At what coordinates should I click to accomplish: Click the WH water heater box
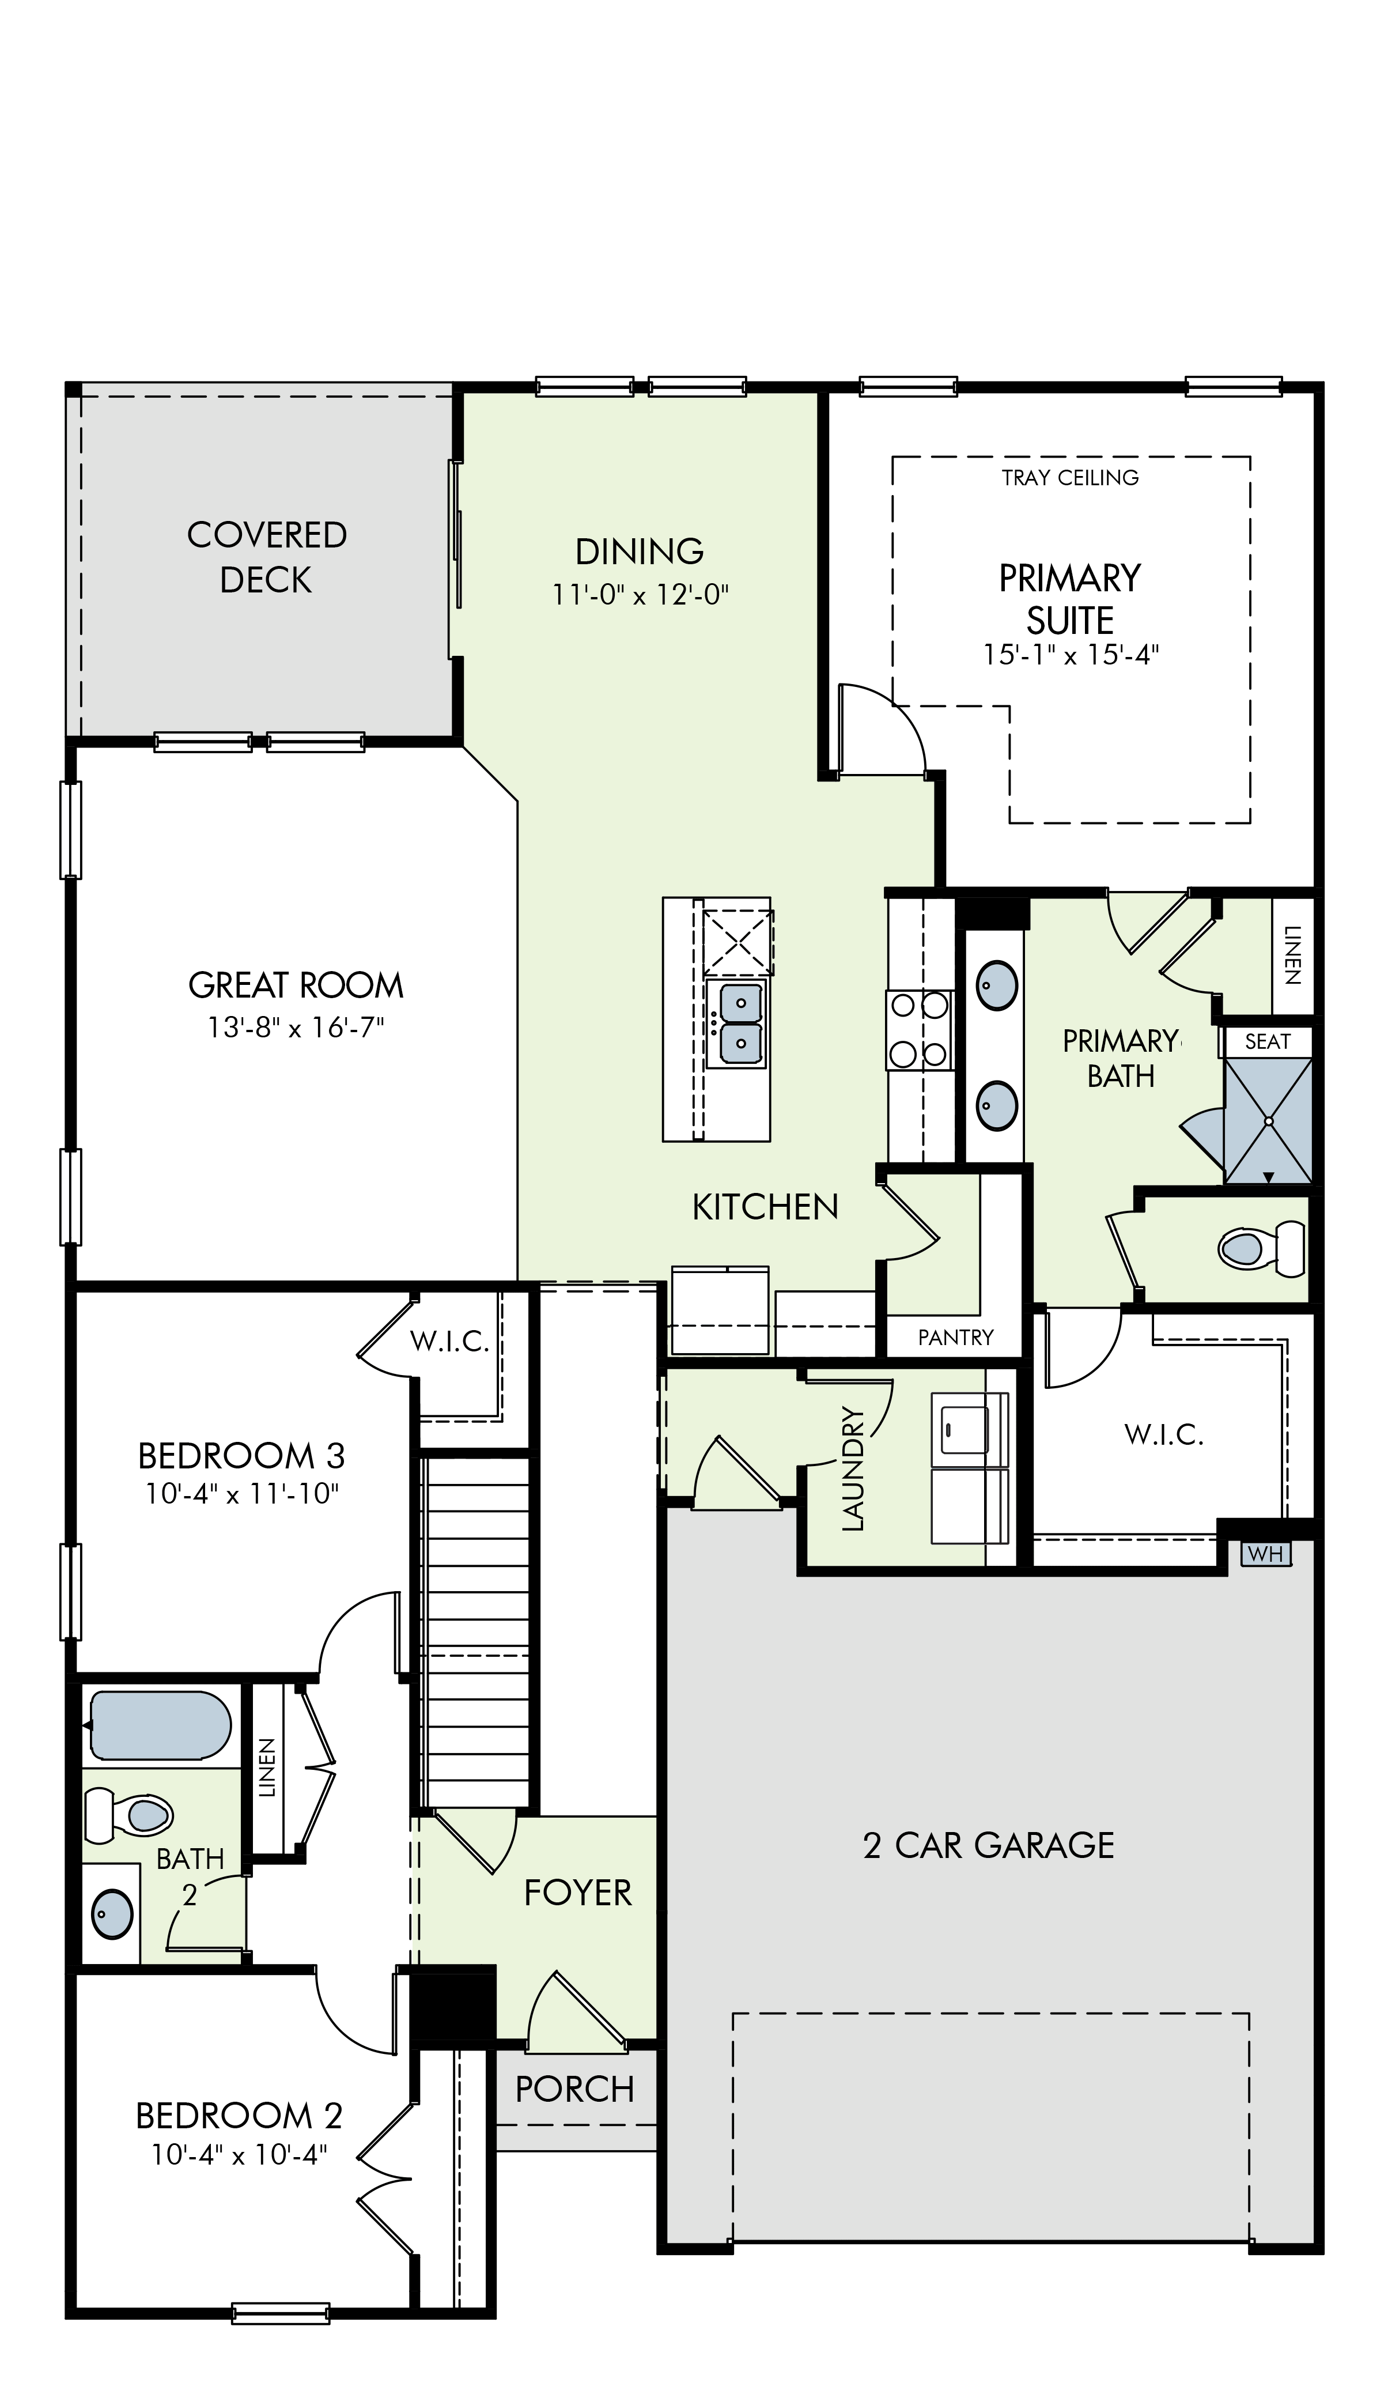pyautogui.click(x=1265, y=1554)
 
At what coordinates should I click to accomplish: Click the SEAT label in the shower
pyautogui.click(x=1267, y=1042)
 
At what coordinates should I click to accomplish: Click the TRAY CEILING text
pyautogui.click(x=1071, y=478)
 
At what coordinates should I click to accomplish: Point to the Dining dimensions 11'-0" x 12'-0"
pyautogui.click(x=640, y=595)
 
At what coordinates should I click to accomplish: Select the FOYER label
pyautogui.click(x=578, y=1892)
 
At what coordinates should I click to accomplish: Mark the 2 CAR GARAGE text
pyautogui.click(x=989, y=1845)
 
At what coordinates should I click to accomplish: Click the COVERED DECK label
pyautogui.click(x=267, y=557)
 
